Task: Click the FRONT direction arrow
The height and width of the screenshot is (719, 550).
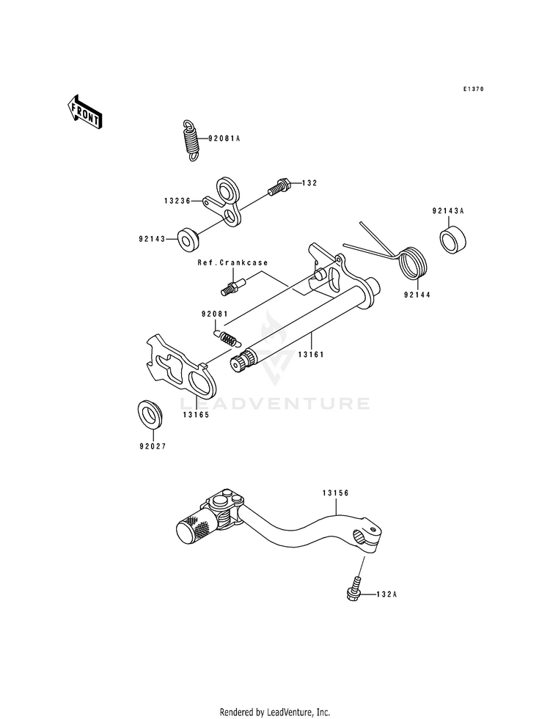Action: pos(85,111)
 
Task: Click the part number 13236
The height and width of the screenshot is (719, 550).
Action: pos(178,199)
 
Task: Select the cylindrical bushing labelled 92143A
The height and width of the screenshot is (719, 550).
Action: pos(454,240)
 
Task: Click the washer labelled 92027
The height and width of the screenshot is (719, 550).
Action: pos(150,415)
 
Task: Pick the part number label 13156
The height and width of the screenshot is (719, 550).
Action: pos(334,493)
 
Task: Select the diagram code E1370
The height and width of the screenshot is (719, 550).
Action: pos(474,89)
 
